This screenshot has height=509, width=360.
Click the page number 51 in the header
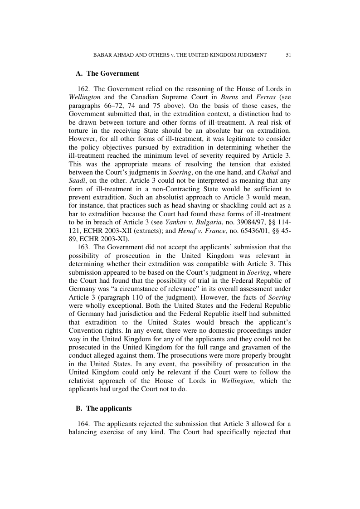[288, 55]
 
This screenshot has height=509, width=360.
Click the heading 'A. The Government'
[107, 73]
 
